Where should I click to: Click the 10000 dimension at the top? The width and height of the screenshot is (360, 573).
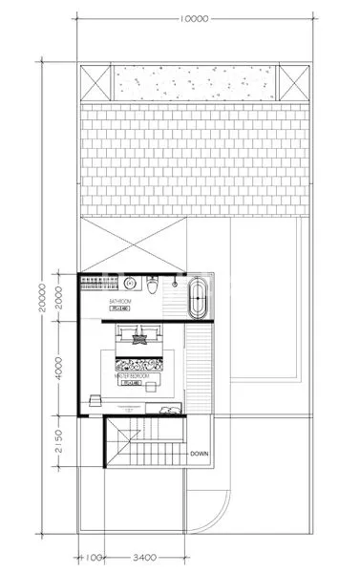tap(198, 19)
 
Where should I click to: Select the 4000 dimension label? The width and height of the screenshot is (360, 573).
tap(59, 368)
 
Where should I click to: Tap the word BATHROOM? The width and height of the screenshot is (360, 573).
tap(119, 301)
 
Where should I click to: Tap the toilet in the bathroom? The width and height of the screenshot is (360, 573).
tap(153, 286)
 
